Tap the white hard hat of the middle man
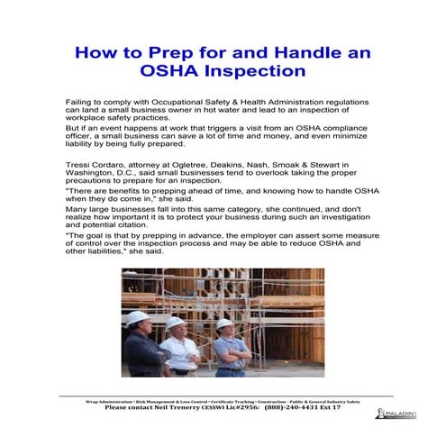coord(175,323)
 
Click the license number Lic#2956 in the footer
coord(238,407)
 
